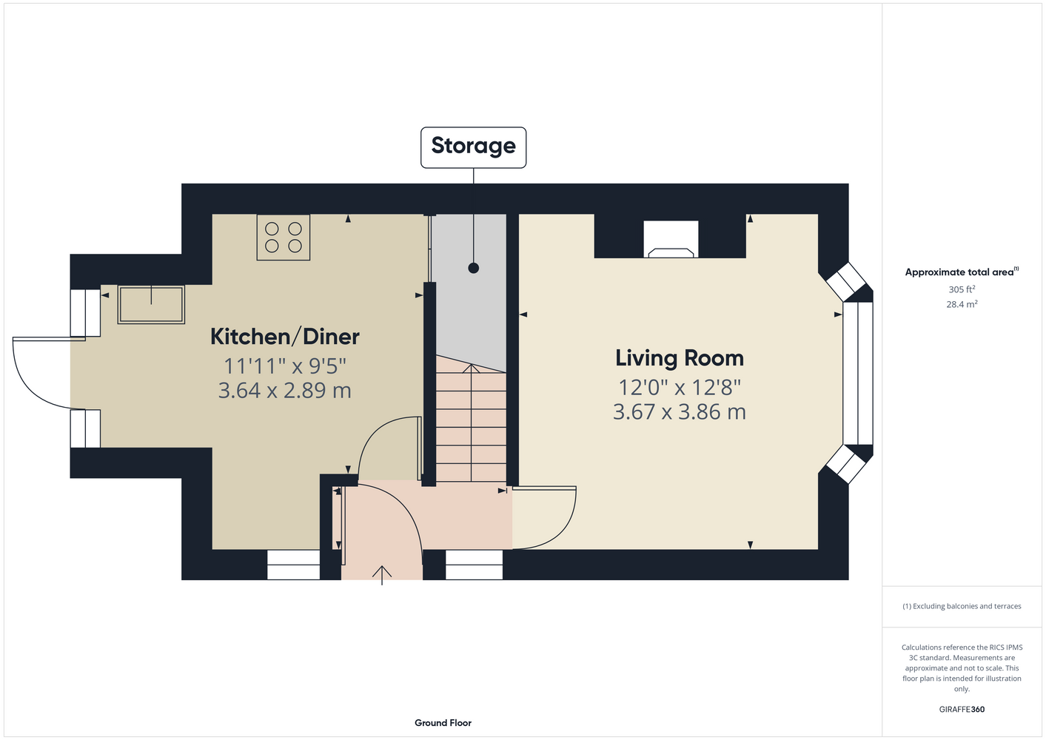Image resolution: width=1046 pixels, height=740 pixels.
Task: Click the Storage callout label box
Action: click(473, 147)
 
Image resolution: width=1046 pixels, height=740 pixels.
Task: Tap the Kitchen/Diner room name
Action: click(284, 337)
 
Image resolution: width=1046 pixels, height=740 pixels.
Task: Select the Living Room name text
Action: click(679, 358)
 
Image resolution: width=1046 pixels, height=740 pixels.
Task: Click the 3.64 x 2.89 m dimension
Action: click(284, 390)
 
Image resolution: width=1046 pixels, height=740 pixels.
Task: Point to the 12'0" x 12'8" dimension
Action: click(679, 387)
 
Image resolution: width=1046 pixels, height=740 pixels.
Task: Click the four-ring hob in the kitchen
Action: click(283, 238)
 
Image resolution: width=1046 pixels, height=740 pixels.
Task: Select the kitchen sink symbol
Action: click(151, 304)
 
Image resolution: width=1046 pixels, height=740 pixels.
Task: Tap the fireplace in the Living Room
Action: click(671, 239)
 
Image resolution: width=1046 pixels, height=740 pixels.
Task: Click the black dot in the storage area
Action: click(473, 268)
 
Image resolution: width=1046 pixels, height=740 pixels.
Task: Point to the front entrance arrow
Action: click(381, 575)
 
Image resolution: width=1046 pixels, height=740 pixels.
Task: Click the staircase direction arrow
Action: click(471, 423)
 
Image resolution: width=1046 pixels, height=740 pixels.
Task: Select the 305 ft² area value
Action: click(962, 289)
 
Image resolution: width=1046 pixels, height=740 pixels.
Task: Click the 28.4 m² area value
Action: click(962, 304)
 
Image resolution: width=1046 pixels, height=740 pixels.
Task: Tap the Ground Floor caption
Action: click(443, 723)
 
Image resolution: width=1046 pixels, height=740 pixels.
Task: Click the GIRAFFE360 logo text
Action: click(962, 709)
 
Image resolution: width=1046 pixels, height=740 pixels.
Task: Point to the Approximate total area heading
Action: click(962, 272)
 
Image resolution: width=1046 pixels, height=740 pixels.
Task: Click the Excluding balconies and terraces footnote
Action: click(962, 606)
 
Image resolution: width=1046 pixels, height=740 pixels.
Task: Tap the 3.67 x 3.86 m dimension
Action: click(679, 411)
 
